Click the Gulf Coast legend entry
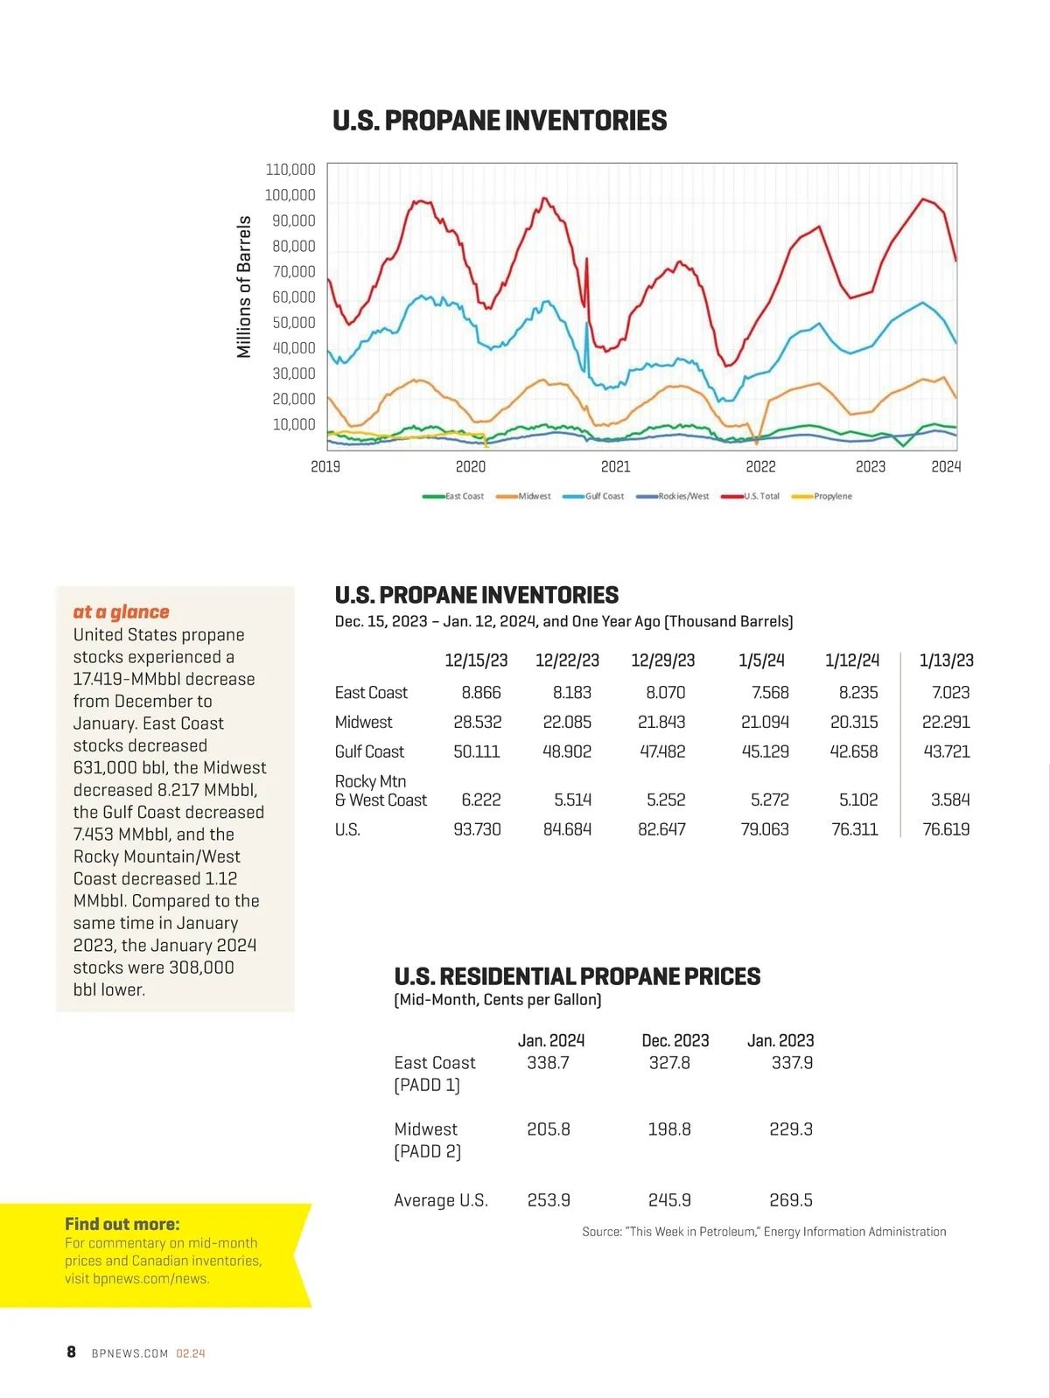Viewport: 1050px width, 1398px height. pyautogui.click(x=594, y=496)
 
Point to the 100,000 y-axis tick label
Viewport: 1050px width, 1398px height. pyautogui.click(x=290, y=195)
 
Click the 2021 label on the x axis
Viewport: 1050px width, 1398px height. pyautogui.click(x=615, y=467)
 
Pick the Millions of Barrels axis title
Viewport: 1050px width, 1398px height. pyautogui.click(x=244, y=287)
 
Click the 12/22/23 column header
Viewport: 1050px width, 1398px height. pyautogui.click(x=567, y=661)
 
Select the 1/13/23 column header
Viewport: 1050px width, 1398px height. pyautogui.click(x=946, y=661)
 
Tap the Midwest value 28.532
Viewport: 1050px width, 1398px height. pyautogui.click(x=478, y=722)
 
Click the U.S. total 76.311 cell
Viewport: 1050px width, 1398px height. pyautogui.click(x=854, y=829)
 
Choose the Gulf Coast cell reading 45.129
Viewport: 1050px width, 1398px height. pyautogui.click(x=765, y=751)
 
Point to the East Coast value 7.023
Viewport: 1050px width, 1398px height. pyautogui.click(x=950, y=693)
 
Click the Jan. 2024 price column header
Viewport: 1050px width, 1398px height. pyautogui.click(x=551, y=1040)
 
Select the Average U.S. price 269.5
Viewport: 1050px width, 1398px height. pyautogui.click(x=791, y=1200)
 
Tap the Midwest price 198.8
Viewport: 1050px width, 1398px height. pyautogui.click(x=669, y=1129)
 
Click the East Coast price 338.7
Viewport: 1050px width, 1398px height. pyautogui.click(x=548, y=1063)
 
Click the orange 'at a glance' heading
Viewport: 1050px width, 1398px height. pyautogui.click(x=121, y=612)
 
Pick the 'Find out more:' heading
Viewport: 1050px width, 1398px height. pyautogui.click(x=122, y=1224)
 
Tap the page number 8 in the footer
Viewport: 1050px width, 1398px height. pyautogui.click(x=71, y=1353)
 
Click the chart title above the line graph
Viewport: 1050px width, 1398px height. pyautogui.click(x=500, y=121)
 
